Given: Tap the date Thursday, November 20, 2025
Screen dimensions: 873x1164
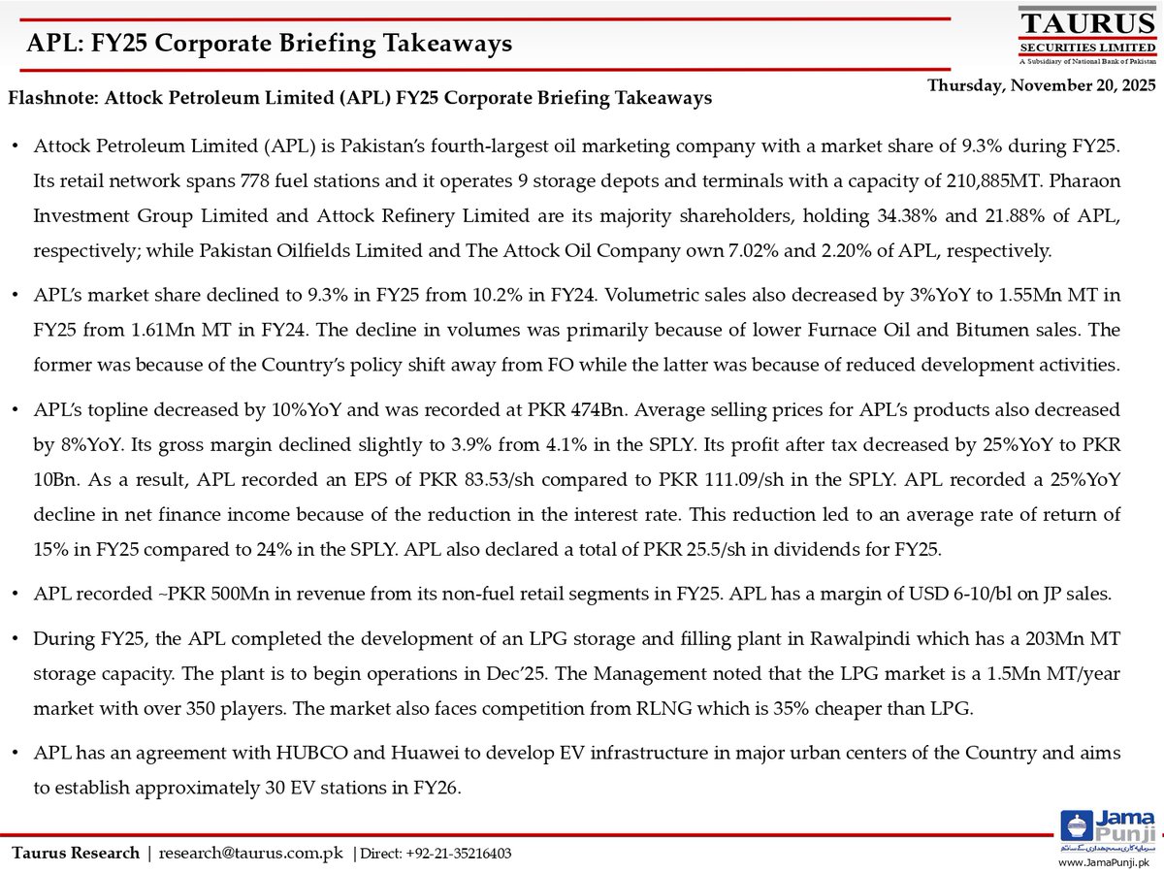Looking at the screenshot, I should (x=1042, y=85).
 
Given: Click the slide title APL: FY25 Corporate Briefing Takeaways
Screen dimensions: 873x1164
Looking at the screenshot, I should (x=269, y=44).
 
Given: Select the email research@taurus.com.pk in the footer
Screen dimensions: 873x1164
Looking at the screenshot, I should (x=250, y=854).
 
